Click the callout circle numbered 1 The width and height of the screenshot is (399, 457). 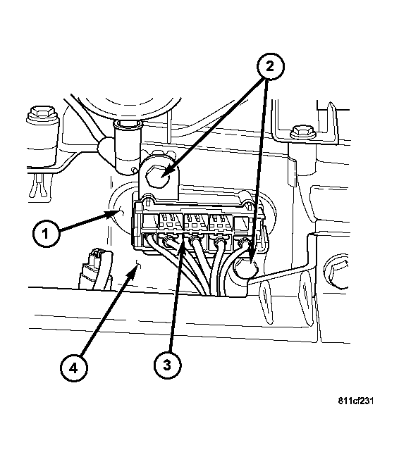pos(46,234)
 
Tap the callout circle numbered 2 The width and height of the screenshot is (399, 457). pos(270,66)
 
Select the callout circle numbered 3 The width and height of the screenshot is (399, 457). pos(167,365)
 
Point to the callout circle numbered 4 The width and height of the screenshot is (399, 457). pos(73,368)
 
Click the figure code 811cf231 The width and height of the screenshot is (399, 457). pos(356,401)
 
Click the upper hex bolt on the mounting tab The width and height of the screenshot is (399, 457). pos(159,175)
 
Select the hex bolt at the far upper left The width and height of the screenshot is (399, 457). pos(42,115)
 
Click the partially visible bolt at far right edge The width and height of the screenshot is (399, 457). pos(338,272)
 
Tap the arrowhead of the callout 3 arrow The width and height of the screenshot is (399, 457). pos(181,242)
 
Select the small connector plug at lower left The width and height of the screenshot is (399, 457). pos(95,269)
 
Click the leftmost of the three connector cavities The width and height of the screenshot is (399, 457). pos(171,223)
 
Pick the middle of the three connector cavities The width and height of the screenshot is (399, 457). pos(196,223)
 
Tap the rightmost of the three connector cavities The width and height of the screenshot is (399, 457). pos(221,223)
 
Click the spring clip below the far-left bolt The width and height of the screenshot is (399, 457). pos(39,187)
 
